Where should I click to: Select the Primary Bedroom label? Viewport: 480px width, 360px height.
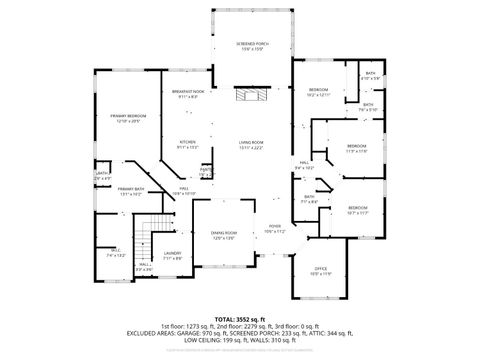pyautogui.click(x=128, y=118)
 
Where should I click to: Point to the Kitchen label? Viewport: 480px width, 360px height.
pyautogui.click(x=187, y=143)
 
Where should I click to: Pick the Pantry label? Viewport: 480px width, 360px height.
pyautogui.click(x=205, y=171)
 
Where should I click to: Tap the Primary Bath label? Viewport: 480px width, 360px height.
pyautogui.click(x=131, y=190)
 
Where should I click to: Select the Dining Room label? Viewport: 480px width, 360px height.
pyautogui.click(x=223, y=235)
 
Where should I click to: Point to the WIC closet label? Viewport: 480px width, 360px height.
pyautogui.click(x=115, y=252)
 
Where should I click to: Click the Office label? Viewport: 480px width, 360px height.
pyautogui.click(x=321, y=270)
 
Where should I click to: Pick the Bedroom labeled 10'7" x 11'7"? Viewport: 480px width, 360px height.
pyautogui.click(x=358, y=210)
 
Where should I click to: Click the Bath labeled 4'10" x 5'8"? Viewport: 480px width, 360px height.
pyautogui.click(x=370, y=76)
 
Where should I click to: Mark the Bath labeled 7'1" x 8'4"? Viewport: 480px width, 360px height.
pyautogui.click(x=310, y=198)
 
